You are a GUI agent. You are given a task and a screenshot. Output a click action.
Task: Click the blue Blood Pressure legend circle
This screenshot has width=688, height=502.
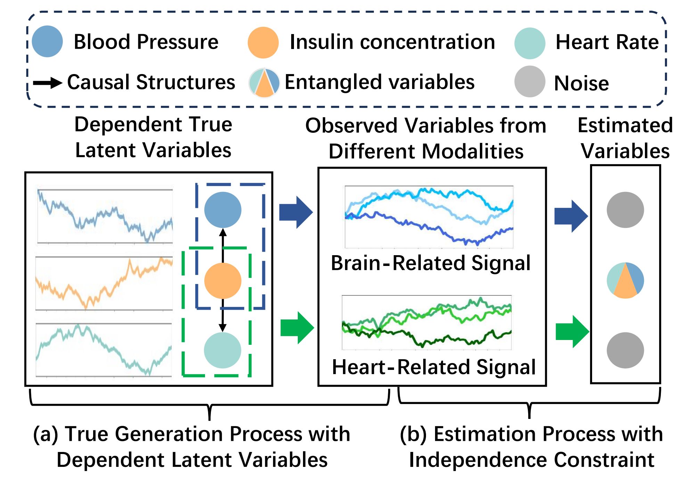pyautogui.click(x=47, y=41)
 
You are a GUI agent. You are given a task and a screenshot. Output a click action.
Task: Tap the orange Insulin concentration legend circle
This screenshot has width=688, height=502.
pyautogui.click(x=263, y=42)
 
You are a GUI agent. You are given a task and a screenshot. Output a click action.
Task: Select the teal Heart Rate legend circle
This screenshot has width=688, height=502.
pyautogui.click(x=530, y=43)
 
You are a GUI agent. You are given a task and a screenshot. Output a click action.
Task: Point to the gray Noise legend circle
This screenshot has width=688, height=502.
pyautogui.click(x=530, y=82)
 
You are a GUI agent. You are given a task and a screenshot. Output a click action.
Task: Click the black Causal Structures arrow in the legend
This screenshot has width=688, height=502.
pyautogui.click(x=48, y=83)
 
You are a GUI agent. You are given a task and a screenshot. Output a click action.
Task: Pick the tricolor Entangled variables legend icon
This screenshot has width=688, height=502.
pyautogui.click(x=264, y=83)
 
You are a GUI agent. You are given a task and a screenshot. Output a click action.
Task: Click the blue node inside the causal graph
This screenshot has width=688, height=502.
pyautogui.click(x=223, y=210)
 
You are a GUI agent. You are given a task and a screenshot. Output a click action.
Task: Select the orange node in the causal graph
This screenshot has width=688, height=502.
pyautogui.click(x=223, y=281)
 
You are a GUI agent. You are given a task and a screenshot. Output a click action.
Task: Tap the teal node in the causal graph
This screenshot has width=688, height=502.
pyautogui.click(x=223, y=350)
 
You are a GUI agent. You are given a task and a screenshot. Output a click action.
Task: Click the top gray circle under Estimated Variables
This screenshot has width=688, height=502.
pyautogui.click(x=625, y=210)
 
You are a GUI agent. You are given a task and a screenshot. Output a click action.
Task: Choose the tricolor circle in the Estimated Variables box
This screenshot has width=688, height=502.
pyautogui.click(x=625, y=281)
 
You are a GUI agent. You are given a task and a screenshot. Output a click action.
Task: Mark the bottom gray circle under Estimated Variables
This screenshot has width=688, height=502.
pyautogui.click(x=625, y=350)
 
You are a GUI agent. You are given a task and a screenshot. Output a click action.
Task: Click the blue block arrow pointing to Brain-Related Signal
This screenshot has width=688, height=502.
pyautogui.click(x=296, y=212)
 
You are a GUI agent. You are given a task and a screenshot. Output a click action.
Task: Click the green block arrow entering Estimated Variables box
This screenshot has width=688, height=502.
pyautogui.click(x=572, y=331)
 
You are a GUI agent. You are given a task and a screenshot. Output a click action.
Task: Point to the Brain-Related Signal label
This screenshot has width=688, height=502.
pyautogui.click(x=431, y=263)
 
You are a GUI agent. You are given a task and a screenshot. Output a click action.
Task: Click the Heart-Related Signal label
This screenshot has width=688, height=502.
pyautogui.click(x=434, y=367)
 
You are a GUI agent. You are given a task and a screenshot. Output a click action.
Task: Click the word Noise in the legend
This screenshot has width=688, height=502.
pyautogui.click(x=581, y=83)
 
